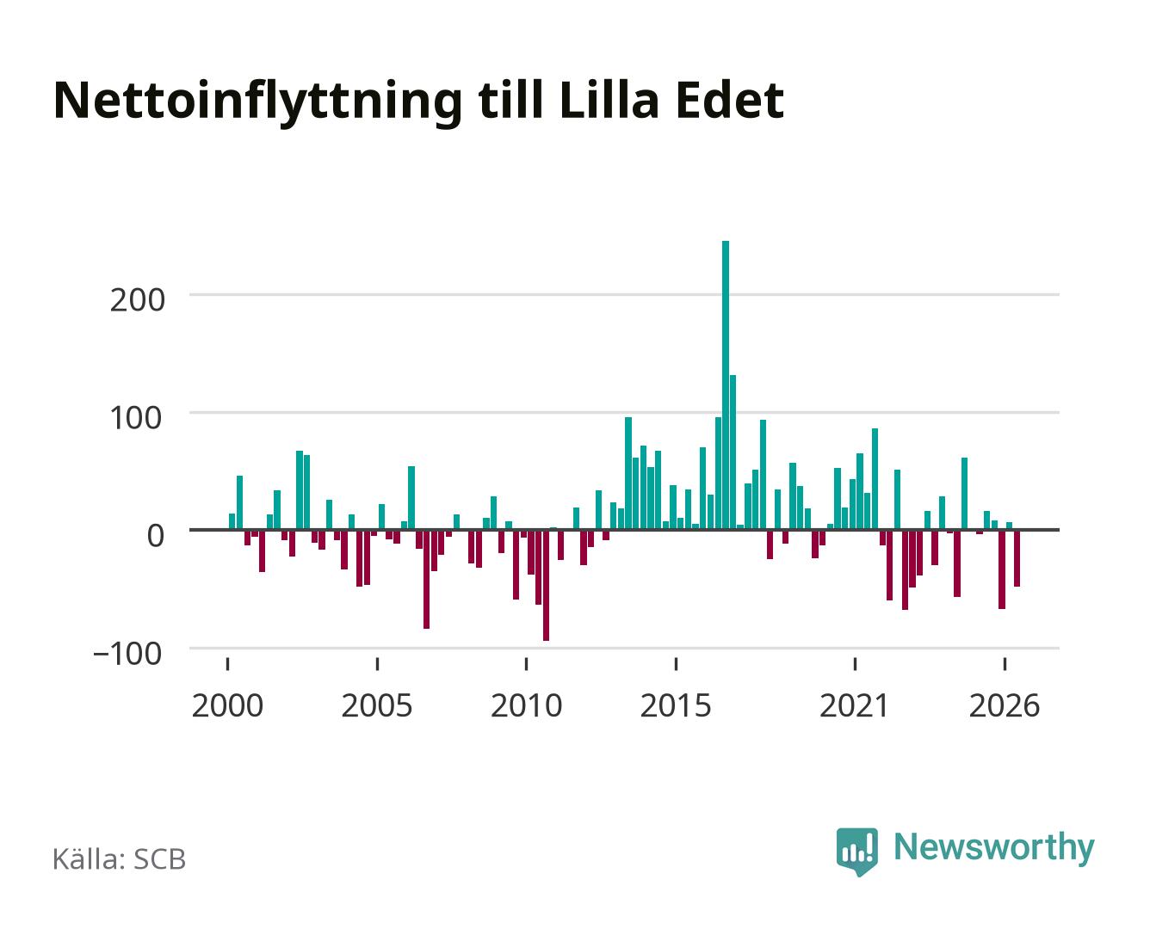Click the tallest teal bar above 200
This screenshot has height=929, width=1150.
(x=725, y=385)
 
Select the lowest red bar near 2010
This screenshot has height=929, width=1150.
(x=546, y=585)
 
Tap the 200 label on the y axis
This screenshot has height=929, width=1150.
(x=137, y=300)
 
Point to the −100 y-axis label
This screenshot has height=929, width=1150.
(x=127, y=654)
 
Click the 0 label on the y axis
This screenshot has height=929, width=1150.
(x=156, y=536)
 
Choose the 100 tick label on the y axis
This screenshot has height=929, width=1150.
(x=135, y=417)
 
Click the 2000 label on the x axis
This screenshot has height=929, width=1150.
(x=227, y=705)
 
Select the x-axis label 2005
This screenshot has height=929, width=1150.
(x=377, y=705)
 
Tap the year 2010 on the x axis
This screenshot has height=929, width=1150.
(x=527, y=705)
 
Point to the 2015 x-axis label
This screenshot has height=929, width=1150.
(x=676, y=705)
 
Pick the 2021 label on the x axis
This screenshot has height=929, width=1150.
(x=854, y=705)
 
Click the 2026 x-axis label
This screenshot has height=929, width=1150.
(x=1005, y=705)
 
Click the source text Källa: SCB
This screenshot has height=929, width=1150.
(x=120, y=858)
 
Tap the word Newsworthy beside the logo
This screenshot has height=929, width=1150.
(x=994, y=848)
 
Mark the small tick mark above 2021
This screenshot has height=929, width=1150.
(x=855, y=664)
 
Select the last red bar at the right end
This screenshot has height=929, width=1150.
(x=1017, y=558)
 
